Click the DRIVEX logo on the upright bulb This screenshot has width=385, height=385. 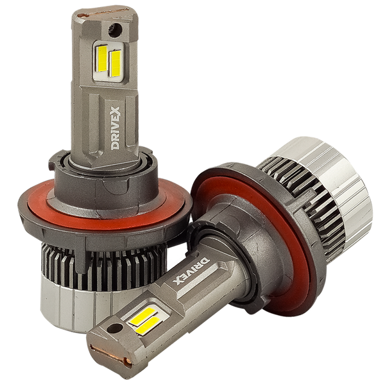[115, 128]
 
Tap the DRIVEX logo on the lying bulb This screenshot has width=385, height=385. [193, 269]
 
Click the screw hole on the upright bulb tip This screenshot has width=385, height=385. [115, 30]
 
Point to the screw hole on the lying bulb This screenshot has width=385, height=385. [115, 329]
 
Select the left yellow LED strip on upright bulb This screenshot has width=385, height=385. [102, 58]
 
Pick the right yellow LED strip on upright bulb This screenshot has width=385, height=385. [115, 64]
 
